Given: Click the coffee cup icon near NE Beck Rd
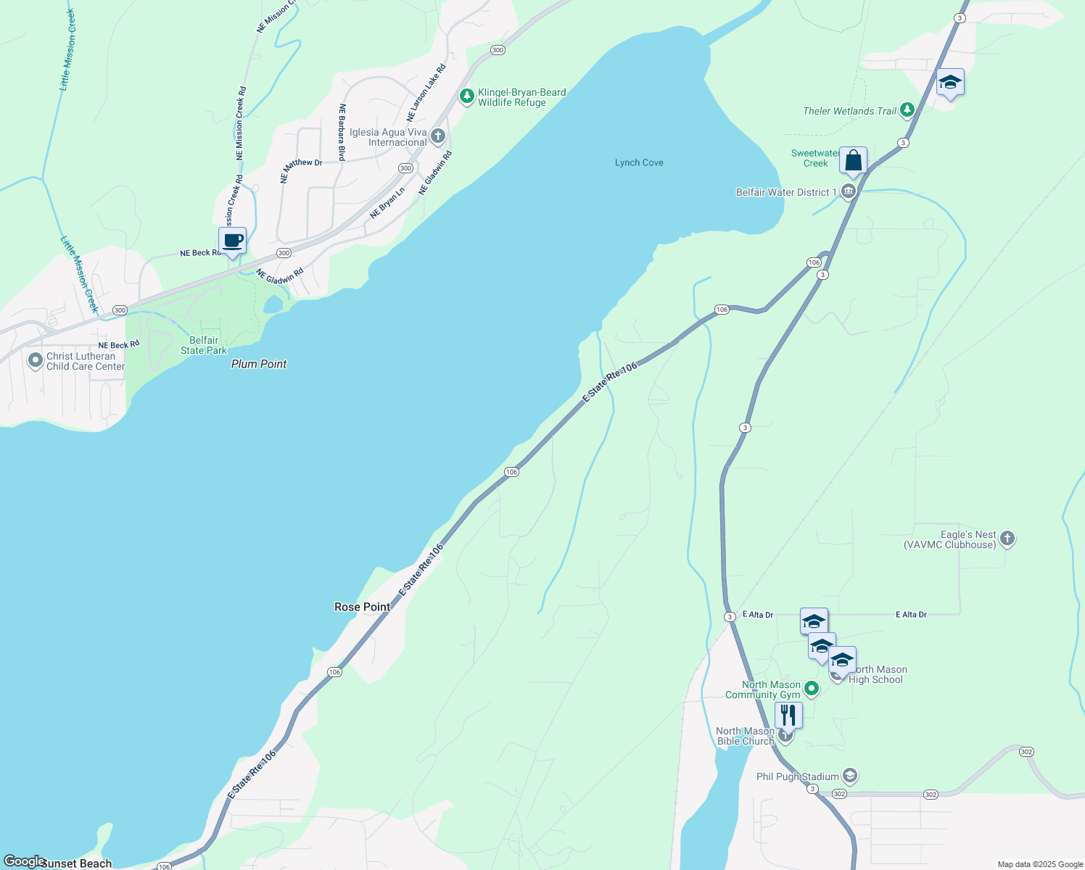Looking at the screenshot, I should tap(232, 241).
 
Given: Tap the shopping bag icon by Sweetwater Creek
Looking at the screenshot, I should tap(853, 160).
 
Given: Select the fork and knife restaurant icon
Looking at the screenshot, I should tap(788, 715).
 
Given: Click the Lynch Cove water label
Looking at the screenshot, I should tap(639, 162).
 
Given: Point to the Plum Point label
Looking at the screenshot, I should tap(259, 364).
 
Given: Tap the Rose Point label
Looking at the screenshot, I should tap(362, 607).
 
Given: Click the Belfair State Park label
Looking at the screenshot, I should tap(204, 345).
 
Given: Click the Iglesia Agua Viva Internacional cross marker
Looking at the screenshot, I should tap(437, 136).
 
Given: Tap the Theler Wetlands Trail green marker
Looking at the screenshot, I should tap(907, 110).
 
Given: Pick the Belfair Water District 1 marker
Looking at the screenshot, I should tap(848, 192).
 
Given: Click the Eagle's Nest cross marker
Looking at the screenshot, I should tap(1007, 538).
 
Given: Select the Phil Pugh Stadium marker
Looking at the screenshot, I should tap(850, 776).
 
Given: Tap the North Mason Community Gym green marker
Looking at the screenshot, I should tap(812, 689).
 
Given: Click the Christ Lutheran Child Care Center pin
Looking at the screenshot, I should tap(35, 360).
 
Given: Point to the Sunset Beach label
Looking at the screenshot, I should tap(76, 863).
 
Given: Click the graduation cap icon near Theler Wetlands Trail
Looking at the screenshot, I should tap(949, 83).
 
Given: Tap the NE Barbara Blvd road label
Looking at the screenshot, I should tap(342, 132).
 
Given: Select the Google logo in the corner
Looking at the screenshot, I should tap(23, 861).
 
